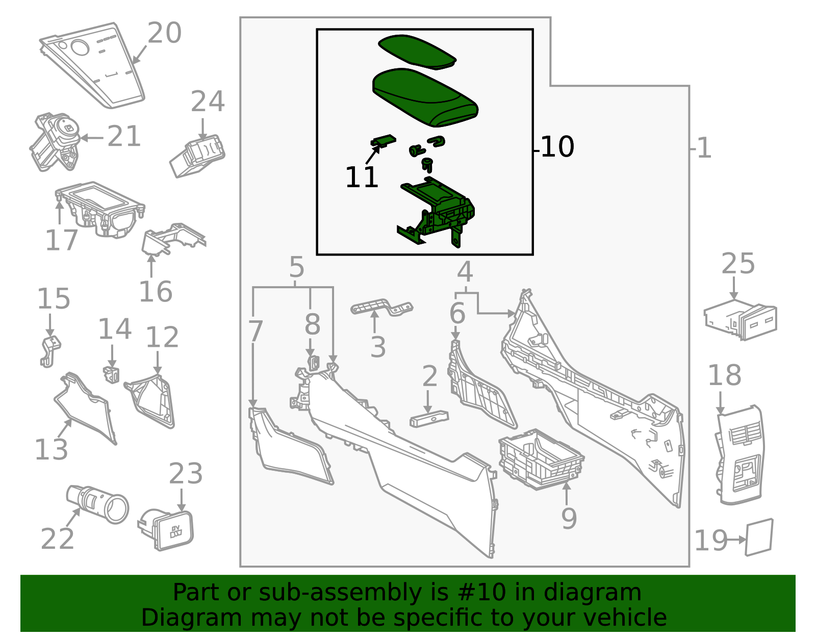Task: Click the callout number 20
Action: [165, 33]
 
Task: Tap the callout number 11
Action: [362, 177]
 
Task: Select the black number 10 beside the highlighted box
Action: [557, 147]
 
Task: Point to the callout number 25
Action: [738, 264]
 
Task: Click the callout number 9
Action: [569, 518]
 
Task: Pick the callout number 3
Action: [378, 347]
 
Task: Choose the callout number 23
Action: [186, 474]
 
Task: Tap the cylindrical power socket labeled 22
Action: [97, 504]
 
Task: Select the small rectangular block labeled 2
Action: [429, 419]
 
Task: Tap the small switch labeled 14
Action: [112, 375]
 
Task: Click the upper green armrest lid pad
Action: [417, 52]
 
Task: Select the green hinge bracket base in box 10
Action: [436, 212]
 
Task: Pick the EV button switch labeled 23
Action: [166, 530]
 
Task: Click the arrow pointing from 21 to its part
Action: [92, 138]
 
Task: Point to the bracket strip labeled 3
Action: [381, 308]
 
